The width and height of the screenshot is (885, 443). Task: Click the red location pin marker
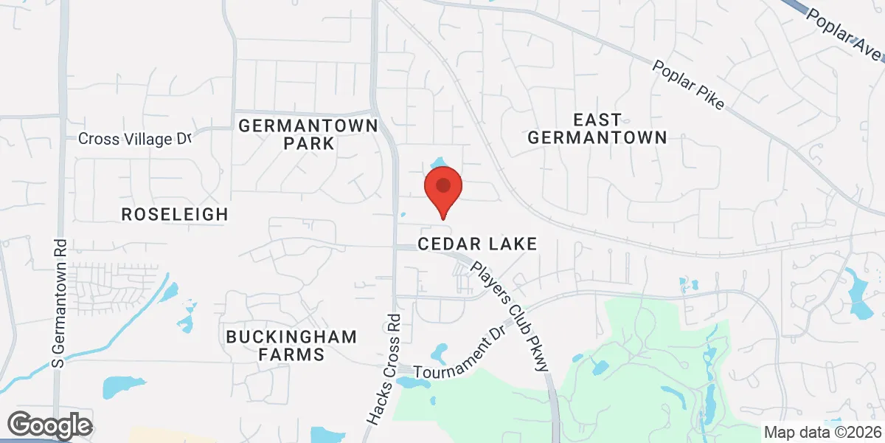(x=442, y=187)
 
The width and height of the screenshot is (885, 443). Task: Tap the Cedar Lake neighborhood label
(x=476, y=244)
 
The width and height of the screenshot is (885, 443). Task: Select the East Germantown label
(x=597, y=128)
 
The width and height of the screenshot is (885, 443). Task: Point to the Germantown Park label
(x=308, y=134)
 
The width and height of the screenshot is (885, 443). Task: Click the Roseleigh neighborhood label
(x=175, y=214)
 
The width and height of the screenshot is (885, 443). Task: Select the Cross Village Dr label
(x=135, y=139)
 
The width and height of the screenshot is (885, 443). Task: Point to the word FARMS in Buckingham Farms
(x=294, y=354)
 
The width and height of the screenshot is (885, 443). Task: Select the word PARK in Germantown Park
(x=308, y=143)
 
